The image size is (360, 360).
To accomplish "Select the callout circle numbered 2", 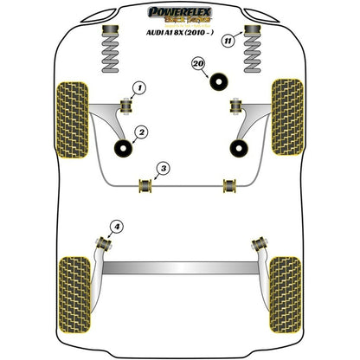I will click(141, 132).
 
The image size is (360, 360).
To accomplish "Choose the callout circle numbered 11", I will click(228, 38).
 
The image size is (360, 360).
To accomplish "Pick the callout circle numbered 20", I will click(198, 65).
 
